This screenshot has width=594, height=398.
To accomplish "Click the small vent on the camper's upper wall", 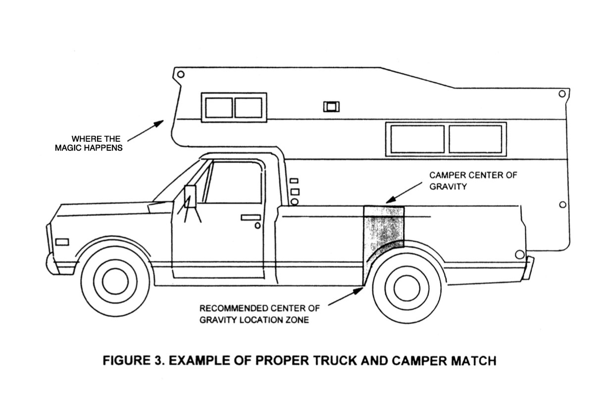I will [x=329, y=106].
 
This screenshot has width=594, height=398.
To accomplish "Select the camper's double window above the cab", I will [x=234, y=107].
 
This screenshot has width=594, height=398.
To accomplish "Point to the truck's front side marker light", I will [x=62, y=242].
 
